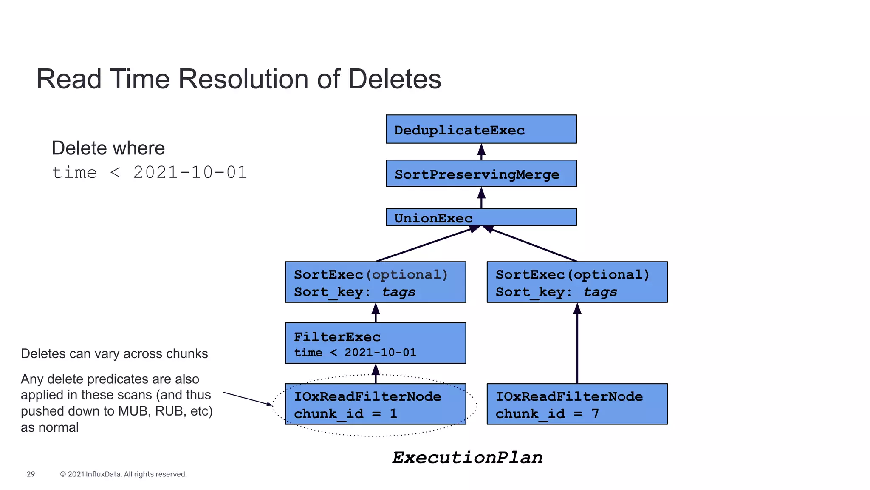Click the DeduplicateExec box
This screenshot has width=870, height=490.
coord(481,129)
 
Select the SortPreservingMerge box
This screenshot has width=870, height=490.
coord(481,174)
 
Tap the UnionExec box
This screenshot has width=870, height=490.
coord(481,217)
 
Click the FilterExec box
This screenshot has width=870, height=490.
coord(376,343)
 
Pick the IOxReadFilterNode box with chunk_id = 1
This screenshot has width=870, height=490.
coord(376,404)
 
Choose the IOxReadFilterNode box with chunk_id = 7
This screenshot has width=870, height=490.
coord(577,404)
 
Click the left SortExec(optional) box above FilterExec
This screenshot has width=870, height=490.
coord(376,282)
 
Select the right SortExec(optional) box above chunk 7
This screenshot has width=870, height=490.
coord(577,282)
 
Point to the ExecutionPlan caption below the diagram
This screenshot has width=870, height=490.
coord(467,458)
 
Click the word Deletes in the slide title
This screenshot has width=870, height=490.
coord(395,79)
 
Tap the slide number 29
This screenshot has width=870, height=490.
coord(31,474)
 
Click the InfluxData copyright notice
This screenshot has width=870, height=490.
coord(123,474)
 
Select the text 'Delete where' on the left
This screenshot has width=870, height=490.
coord(108,148)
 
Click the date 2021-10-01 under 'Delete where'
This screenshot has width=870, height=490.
coord(190,173)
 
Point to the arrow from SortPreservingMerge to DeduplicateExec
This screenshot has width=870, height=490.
coord(481,152)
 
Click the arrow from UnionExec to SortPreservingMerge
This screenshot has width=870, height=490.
coord(481,198)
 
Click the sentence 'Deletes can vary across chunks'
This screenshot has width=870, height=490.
coord(114,354)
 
